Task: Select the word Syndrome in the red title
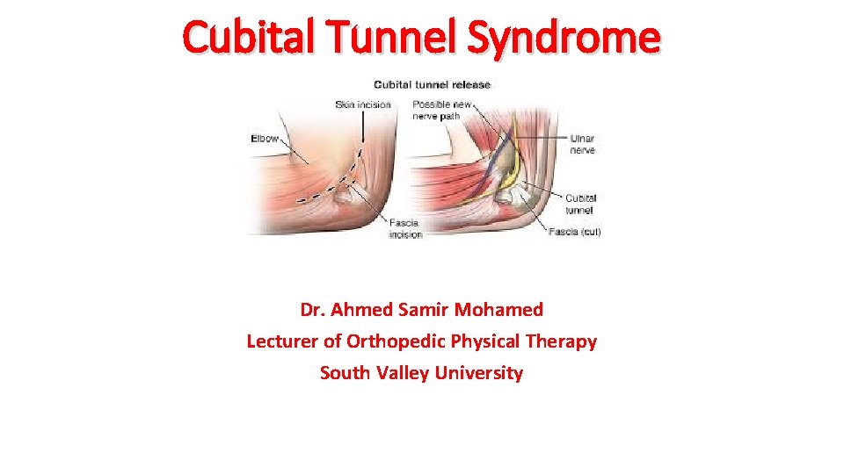pyautogui.click(x=563, y=38)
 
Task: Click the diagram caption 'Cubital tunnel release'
pyautogui.click(x=433, y=85)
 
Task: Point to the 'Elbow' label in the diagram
pyautogui.click(x=265, y=139)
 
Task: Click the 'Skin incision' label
pyautogui.click(x=361, y=105)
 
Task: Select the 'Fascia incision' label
pyautogui.click(x=405, y=228)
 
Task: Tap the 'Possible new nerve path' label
pyautogui.click(x=443, y=111)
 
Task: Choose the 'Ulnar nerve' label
pyautogui.click(x=582, y=144)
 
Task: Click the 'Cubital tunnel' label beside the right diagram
pyautogui.click(x=580, y=204)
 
